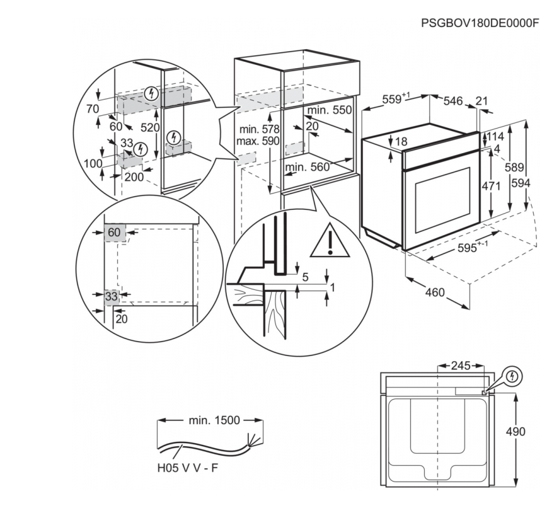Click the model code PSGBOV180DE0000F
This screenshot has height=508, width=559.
click(481, 23)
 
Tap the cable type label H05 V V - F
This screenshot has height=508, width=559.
click(188, 469)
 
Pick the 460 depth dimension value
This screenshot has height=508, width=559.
click(435, 292)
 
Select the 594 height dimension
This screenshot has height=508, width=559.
click(538, 183)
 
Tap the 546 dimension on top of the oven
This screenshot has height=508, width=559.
click(453, 100)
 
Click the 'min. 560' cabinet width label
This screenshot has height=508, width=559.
click(308, 167)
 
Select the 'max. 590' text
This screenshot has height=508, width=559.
click(257, 141)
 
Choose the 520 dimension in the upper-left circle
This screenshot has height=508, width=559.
click(150, 127)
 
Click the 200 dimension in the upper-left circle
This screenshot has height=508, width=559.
click(134, 177)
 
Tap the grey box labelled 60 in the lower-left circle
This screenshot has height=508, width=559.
click(114, 233)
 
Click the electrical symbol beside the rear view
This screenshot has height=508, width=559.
click(514, 377)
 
